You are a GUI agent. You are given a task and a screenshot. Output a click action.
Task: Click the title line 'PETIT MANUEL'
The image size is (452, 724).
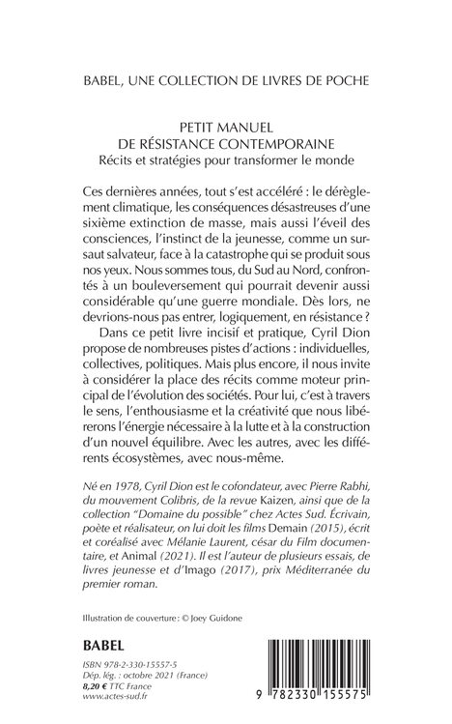[x=225, y=125]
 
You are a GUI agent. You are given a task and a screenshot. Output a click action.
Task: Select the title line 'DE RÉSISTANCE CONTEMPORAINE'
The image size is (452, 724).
[x=225, y=141]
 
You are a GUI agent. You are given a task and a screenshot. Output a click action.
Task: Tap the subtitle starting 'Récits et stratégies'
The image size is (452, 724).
[x=225, y=158]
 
